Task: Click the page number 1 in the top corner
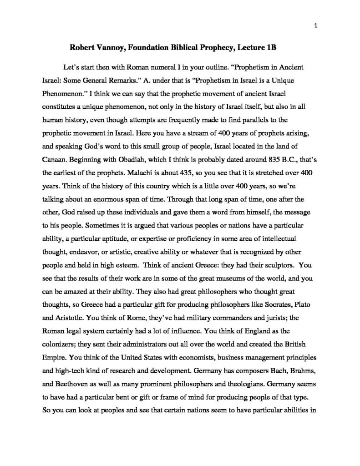click(315, 25)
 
